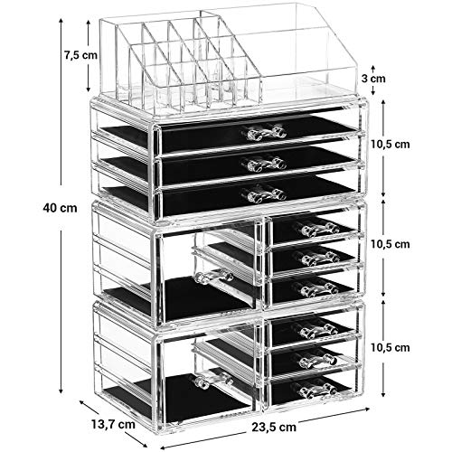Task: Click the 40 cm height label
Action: tap(60, 208)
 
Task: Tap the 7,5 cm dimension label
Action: tap(80, 55)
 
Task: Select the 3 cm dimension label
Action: tap(373, 79)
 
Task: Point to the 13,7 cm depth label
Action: tap(113, 424)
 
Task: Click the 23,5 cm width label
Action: tap(274, 427)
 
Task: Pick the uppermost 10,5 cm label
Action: tap(391, 145)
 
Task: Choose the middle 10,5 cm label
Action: tap(391, 244)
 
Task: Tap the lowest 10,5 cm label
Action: tap(391, 347)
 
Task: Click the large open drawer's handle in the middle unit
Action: tap(214, 277)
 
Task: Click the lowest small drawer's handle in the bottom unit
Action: tap(317, 391)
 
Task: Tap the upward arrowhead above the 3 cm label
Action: tap(373, 67)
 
